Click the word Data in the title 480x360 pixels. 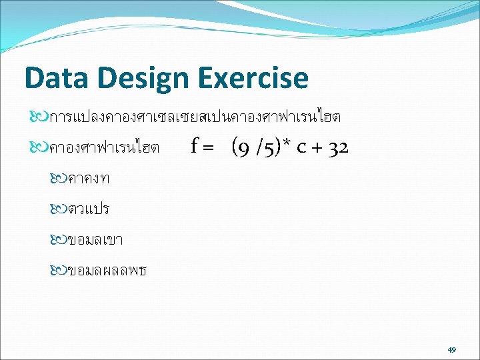57,77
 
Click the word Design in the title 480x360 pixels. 143,79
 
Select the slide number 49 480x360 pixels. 452,349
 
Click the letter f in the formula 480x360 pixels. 195,145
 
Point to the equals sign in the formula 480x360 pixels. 208,148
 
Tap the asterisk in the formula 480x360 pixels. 285,143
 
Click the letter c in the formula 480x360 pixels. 301,148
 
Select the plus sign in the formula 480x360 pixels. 317,148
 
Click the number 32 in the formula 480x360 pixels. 338,149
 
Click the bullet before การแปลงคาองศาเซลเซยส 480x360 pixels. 39,116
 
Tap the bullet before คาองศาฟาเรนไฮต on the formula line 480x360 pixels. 39,147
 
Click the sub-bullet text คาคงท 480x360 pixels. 89,179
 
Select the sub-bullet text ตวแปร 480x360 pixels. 89,209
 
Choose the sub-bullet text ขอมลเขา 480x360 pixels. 95,240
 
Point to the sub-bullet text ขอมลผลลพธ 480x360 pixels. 107,271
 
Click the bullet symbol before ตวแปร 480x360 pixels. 59,209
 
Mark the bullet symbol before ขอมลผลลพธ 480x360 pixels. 59,270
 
